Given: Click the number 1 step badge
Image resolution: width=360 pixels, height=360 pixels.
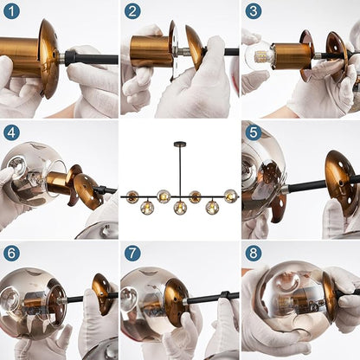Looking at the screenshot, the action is pyautogui.click(x=11, y=11).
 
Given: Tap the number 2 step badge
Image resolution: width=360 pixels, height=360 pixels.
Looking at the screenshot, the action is pyautogui.click(x=132, y=11).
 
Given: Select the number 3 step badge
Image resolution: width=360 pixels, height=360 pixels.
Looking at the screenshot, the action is pyautogui.click(x=254, y=11).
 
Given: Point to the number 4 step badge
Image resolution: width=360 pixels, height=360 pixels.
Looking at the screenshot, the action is pyautogui.click(x=11, y=132).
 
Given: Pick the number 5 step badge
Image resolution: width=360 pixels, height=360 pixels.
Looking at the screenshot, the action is pyautogui.click(x=254, y=132).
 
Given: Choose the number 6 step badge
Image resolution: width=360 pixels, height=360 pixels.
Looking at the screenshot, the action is pyautogui.click(x=11, y=254).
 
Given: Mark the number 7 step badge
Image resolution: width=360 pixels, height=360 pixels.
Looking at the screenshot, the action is pyautogui.click(x=132, y=254).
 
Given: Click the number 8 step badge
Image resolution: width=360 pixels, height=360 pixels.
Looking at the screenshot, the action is pyautogui.click(x=254, y=254).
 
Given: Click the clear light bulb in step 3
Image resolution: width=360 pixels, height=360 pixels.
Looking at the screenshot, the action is pyautogui.click(x=259, y=55).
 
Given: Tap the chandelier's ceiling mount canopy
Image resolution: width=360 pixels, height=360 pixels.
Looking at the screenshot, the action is pyautogui.click(x=180, y=144).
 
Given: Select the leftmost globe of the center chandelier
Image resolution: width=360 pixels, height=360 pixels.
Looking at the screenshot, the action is pyautogui.click(x=132, y=197).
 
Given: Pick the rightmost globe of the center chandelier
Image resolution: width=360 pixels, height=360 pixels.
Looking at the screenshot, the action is pyautogui.click(x=231, y=196).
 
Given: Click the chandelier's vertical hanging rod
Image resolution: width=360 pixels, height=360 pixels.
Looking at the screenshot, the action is pyautogui.click(x=180, y=170).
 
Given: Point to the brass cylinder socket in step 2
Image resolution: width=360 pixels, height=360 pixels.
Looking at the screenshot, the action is pyautogui.click(x=150, y=51).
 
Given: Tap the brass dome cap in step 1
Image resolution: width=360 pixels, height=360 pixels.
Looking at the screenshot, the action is pyautogui.click(x=49, y=58).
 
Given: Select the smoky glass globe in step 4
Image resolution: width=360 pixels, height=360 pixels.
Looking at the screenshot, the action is pyautogui.click(x=33, y=174).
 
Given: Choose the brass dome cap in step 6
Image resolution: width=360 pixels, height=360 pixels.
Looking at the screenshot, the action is pyautogui.click(x=101, y=293).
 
